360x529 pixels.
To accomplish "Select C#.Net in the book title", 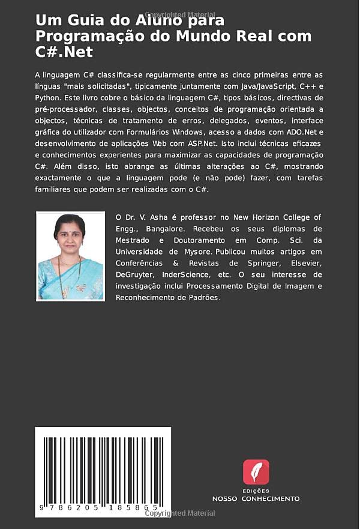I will pyautogui.click(x=64, y=52).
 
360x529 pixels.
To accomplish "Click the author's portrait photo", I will pyautogui.click(x=70, y=256).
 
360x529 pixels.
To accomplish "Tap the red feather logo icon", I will pyautogui.click(x=256, y=472).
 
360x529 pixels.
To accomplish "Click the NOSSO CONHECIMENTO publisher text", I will pyautogui.click(x=256, y=498).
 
